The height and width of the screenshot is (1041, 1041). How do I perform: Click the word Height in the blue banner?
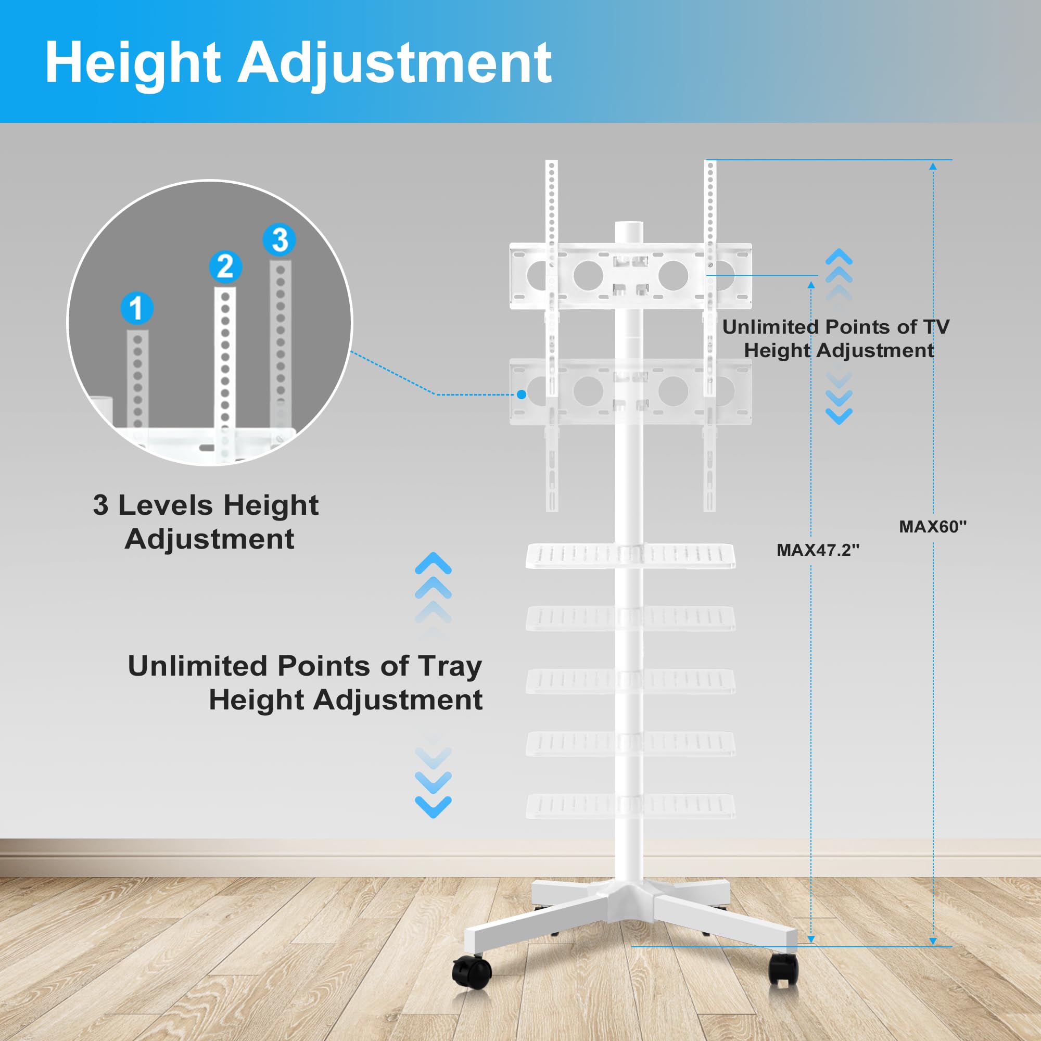pos(133,64)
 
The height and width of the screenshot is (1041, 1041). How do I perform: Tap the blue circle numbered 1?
pos(136,308)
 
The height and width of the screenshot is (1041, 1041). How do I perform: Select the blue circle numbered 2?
pos(225,266)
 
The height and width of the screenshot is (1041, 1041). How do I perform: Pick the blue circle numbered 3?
pos(279,240)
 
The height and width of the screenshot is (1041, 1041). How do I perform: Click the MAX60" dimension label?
pos(933,526)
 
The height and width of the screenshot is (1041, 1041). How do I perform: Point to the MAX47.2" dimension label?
pos(817,550)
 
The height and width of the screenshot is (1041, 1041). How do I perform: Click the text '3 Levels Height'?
pos(206,505)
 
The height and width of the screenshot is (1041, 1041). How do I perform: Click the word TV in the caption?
pos(936,326)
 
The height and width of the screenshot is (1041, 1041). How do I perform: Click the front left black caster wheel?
pos(472,971)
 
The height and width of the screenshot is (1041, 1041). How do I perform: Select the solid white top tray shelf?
pos(630,555)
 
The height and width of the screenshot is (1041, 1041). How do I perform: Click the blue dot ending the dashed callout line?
pos(521,395)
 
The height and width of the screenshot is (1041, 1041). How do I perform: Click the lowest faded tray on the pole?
pos(630,806)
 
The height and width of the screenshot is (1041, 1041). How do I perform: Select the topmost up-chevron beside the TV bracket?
pos(839,257)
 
